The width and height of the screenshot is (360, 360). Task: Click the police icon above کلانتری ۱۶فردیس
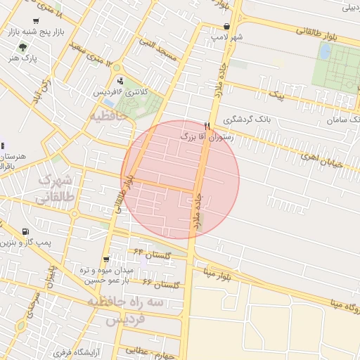120,80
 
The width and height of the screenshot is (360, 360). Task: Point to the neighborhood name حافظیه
107,115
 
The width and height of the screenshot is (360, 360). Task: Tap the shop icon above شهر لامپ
226,27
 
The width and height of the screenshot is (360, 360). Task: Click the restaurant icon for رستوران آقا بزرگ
207,125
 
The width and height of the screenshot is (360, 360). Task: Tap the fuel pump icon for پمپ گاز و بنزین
26,231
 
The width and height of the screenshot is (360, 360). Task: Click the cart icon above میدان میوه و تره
106,259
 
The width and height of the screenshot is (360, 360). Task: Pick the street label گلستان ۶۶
162,283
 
